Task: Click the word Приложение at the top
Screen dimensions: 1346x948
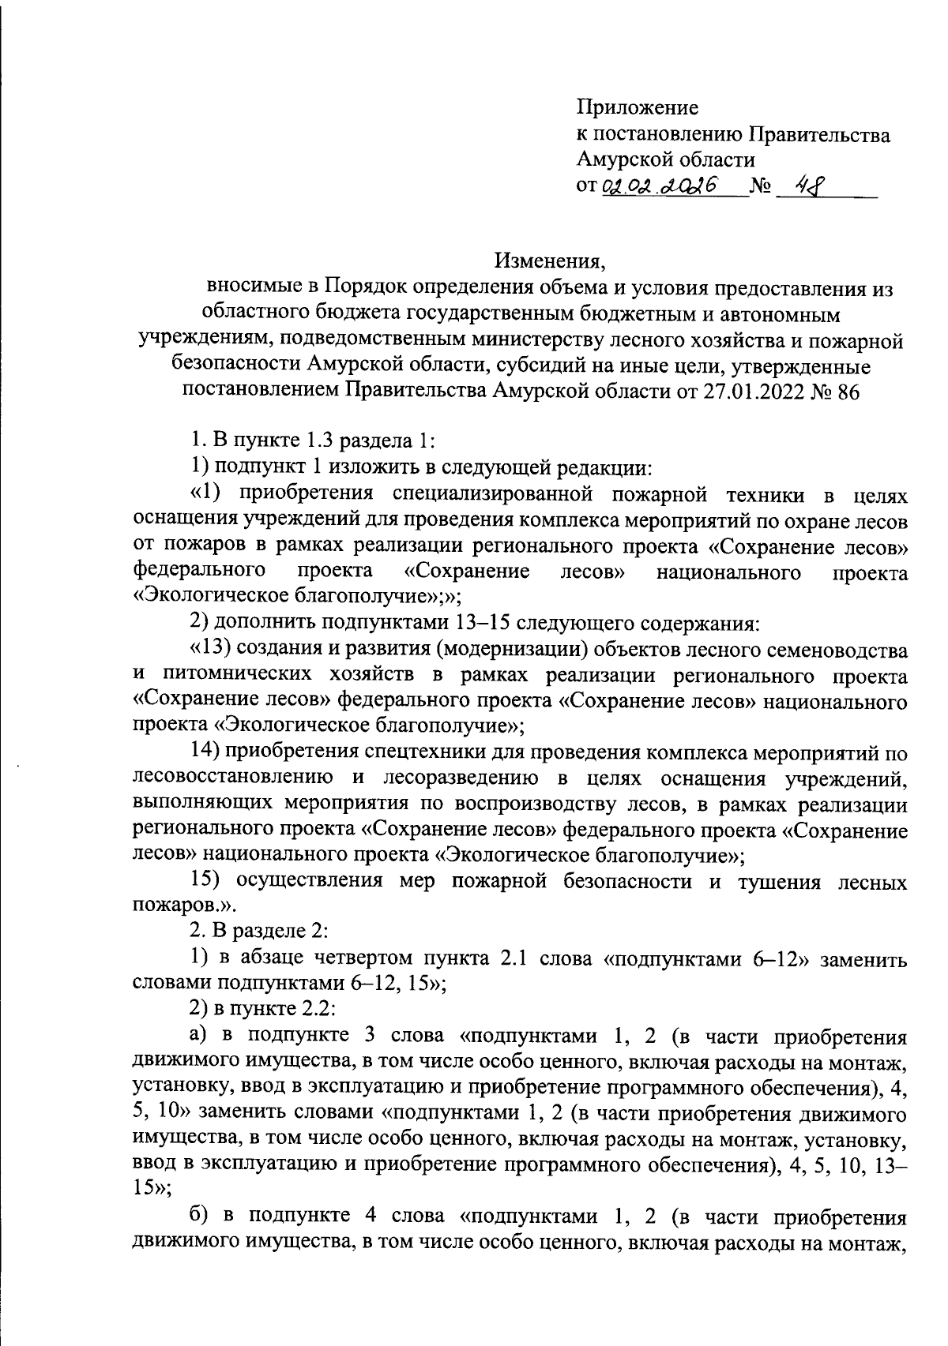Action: [x=638, y=107]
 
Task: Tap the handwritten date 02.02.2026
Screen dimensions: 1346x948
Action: [x=659, y=186]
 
